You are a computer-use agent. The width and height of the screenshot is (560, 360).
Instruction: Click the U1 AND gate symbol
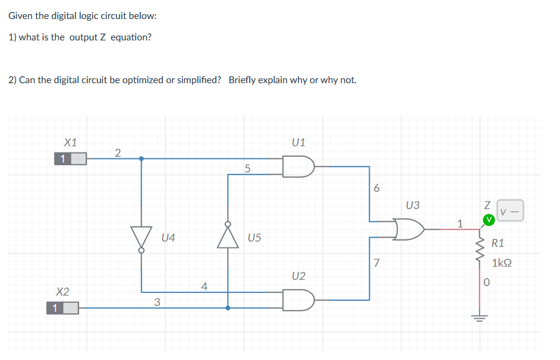coord(298,167)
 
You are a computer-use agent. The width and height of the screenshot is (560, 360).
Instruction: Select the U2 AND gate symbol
coord(298,299)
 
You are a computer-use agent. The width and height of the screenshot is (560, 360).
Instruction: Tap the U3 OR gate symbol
coord(410,229)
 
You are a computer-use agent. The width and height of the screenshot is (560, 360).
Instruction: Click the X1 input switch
coord(71,159)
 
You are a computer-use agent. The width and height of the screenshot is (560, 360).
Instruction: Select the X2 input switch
coord(63,308)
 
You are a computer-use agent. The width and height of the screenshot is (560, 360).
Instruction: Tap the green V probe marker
coord(489,220)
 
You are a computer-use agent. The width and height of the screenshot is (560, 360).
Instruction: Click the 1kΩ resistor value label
coord(502,263)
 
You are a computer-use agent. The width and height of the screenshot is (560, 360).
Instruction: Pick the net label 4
coord(204,286)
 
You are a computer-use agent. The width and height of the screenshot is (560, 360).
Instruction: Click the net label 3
coord(157,302)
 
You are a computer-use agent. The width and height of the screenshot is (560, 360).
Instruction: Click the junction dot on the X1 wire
coord(141,159)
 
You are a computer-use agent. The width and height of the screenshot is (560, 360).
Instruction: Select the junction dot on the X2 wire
coord(228,308)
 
